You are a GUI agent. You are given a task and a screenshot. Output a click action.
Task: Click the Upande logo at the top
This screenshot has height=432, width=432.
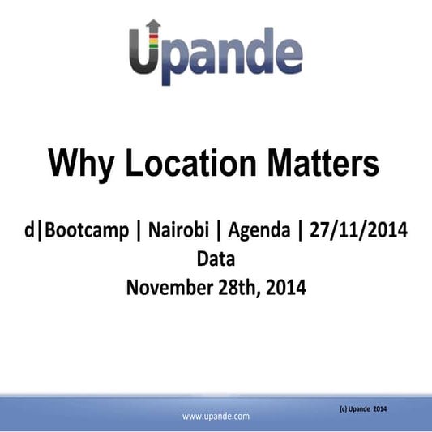[215, 53]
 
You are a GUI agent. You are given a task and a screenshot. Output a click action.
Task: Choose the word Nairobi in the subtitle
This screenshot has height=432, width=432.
[180, 231]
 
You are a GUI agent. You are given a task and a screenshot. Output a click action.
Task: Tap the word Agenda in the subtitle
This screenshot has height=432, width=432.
[259, 231]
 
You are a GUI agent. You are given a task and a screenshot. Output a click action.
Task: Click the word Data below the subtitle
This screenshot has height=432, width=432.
[215, 259]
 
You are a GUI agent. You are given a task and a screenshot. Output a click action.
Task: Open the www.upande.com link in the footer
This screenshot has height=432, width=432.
[216, 416]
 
